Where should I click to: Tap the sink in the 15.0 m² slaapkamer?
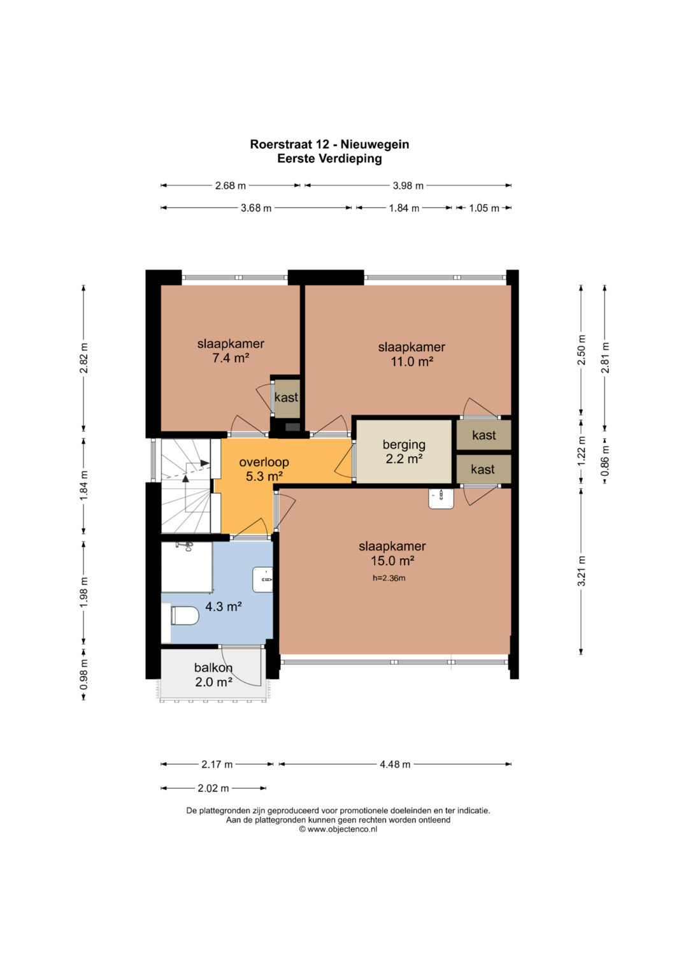click(x=441, y=498)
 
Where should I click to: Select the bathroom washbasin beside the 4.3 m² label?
click(x=262, y=579)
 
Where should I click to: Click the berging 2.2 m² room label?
click(x=404, y=451)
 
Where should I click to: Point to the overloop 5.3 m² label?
click(x=264, y=469)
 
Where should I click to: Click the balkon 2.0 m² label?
click(x=213, y=675)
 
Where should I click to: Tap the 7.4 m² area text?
click(x=231, y=358)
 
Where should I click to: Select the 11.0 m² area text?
click(x=412, y=361)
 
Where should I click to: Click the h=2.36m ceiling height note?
click(x=389, y=578)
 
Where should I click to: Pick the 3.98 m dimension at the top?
click(x=408, y=186)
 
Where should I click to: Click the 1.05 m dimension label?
click(x=484, y=208)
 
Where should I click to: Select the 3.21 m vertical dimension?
click(x=581, y=571)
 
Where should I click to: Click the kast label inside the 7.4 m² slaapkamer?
click(x=286, y=397)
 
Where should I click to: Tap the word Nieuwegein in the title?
click(x=375, y=144)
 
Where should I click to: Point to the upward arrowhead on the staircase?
click(x=185, y=479)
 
